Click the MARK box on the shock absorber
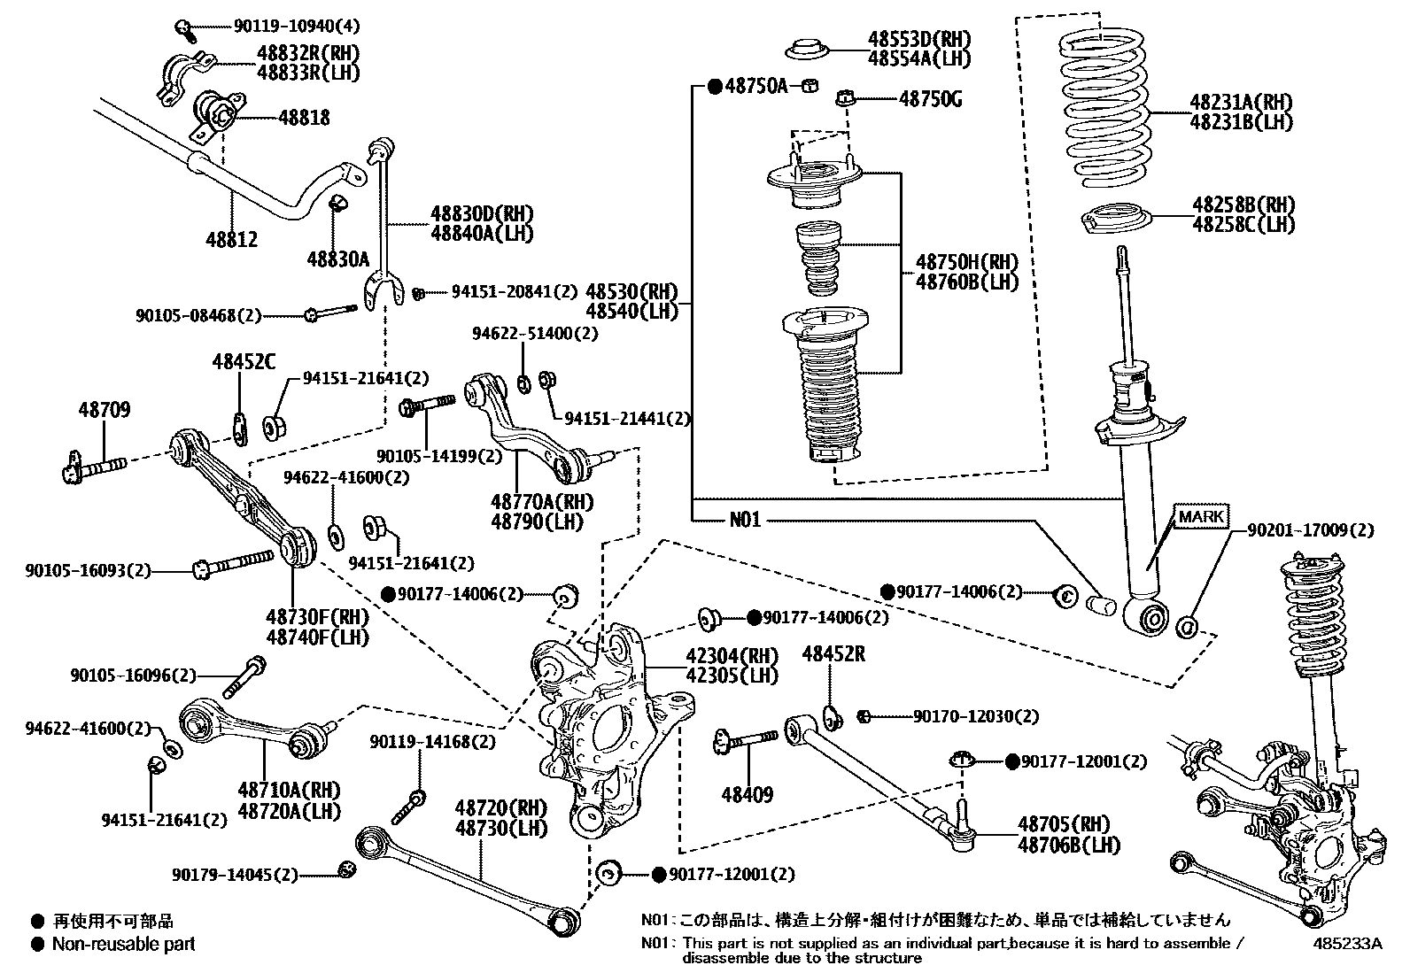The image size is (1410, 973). coord(1201,517)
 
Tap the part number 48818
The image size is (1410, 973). coord(304,117)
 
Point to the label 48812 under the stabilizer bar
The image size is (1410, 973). coord(232,239)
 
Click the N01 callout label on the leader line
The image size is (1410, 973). coord(745,520)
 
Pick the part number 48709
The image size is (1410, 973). coord(104,410)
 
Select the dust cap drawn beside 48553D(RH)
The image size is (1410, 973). coord(805,50)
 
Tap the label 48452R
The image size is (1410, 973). coord(833,654)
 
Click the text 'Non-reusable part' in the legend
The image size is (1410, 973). coord(123,944)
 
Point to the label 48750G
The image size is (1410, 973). coord(930,99)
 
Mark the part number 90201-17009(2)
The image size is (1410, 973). coord(1311,530)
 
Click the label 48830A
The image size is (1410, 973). coord(337,259)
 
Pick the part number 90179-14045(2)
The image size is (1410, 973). coord(235,875)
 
